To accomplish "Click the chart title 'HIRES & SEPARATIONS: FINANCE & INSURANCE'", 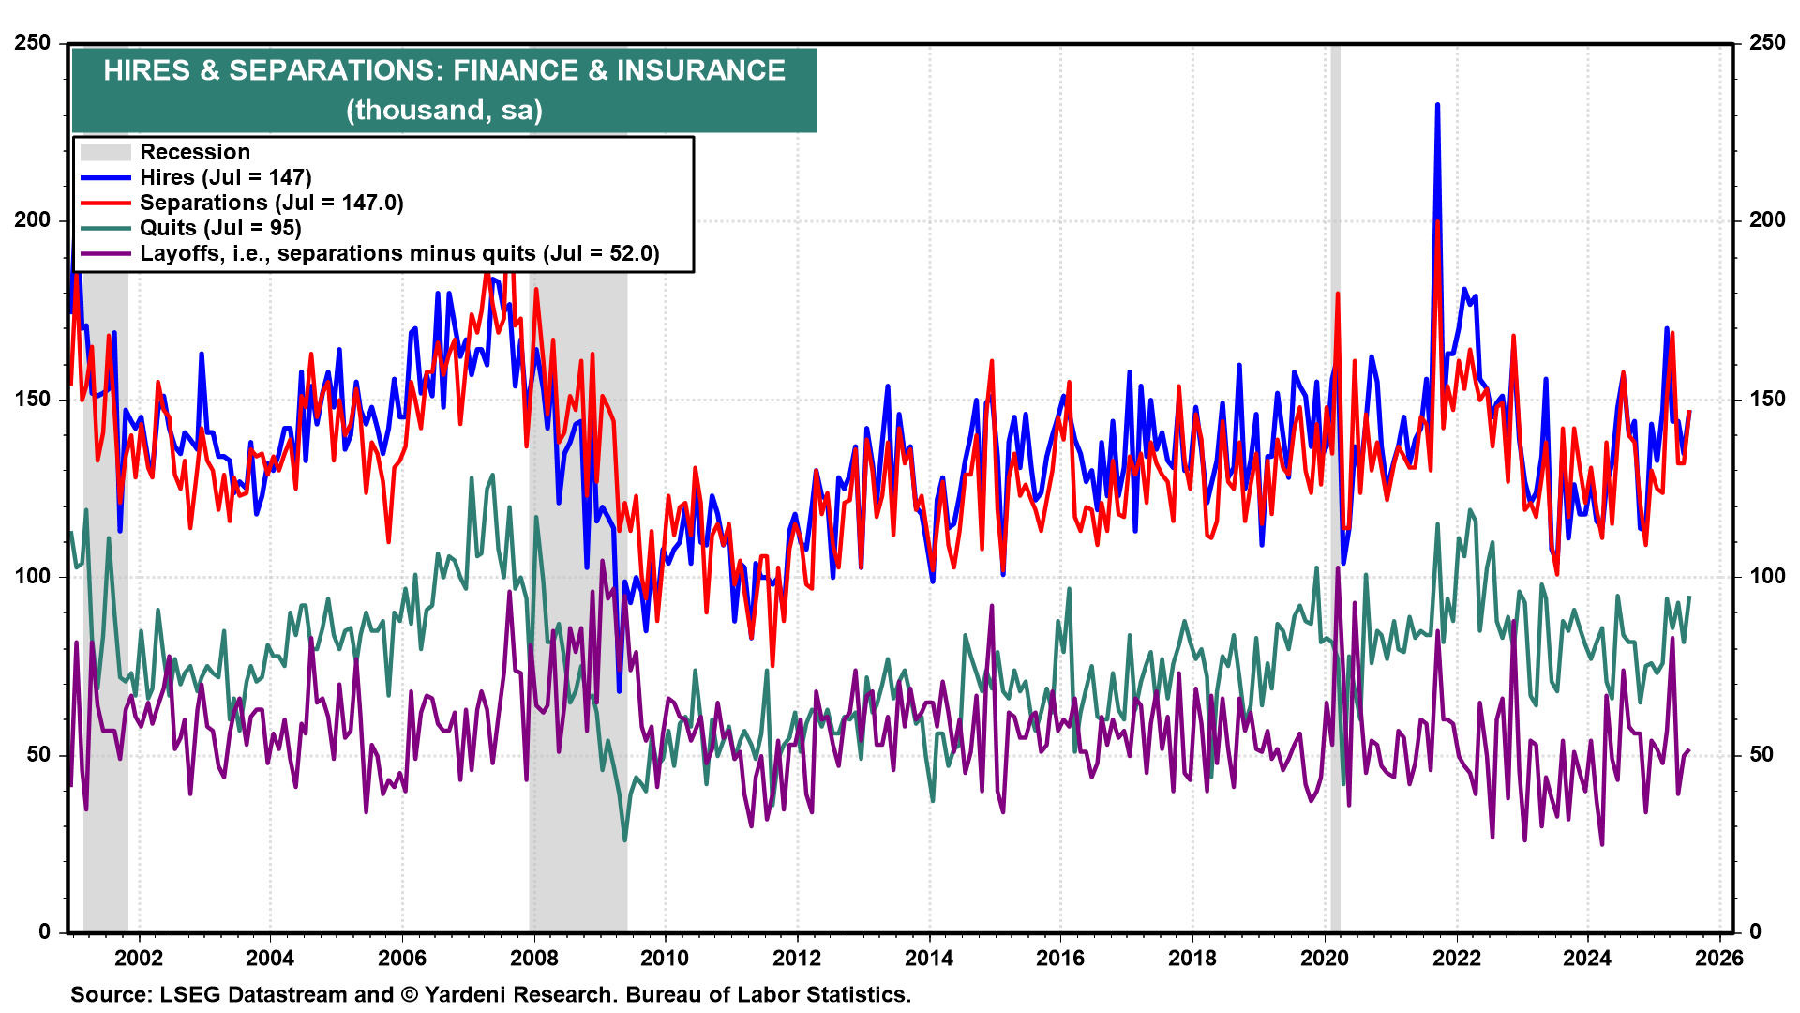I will tap(444, 70).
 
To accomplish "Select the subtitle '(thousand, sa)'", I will tap(444, 111).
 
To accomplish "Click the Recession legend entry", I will tap(195, 152).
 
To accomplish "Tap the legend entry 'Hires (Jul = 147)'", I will tap(225, 177).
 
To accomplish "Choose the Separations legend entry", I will tap(271, 203).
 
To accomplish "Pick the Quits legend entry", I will tap(220, 228).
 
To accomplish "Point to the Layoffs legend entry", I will tap(399, 253).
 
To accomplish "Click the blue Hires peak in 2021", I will tap(1437, 106).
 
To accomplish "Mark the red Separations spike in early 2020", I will tap(1337, 295).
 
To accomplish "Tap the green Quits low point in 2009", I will tap(624, 839).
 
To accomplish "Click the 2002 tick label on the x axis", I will tap(139, 958).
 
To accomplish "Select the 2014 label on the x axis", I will tap(929, 958).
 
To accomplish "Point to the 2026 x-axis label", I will tap(1719, 958).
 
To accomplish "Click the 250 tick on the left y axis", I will tap(33, 43).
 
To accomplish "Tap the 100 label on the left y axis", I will tap(33, 576).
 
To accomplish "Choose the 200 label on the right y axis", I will tap(1766, 220).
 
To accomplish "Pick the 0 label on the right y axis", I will tap(1756, 931).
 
